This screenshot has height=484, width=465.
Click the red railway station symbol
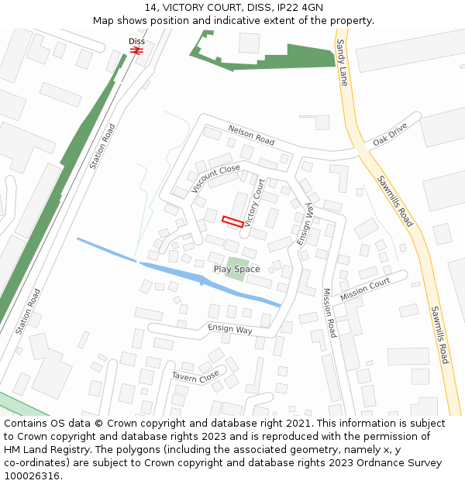136,50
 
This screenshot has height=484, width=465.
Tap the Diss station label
136,41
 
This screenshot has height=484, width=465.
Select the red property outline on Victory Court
232,221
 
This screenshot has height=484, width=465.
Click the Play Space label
236,269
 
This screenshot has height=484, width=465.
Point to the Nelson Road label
251,135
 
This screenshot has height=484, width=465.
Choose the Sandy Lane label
342,61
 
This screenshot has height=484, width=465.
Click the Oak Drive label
389,134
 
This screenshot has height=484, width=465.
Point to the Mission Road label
329,313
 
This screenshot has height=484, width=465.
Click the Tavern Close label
195,376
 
